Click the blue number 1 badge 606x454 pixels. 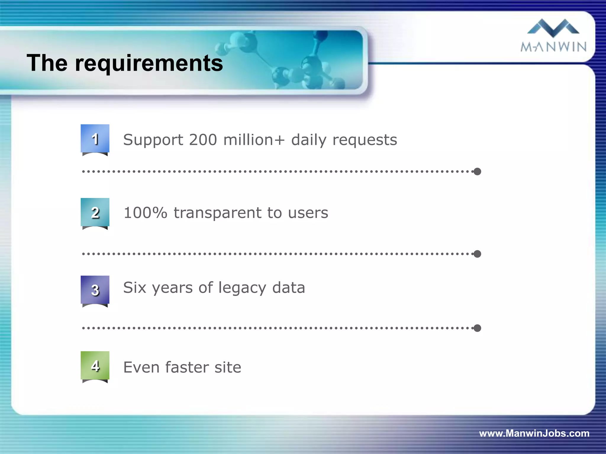[95, 139]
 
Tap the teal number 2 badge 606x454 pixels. [95, 212]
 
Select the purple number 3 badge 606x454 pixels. [95, 290]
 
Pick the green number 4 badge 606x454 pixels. [95, 366]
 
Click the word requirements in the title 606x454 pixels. [149, 64]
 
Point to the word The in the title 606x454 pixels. [47, 63]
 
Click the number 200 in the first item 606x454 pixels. [203, 140]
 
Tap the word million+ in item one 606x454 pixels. [254, 140]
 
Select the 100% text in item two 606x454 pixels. [145, 213]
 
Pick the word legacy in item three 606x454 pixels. [242, 288]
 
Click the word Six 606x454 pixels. [135, 287]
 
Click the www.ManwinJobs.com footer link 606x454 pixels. [534, 433]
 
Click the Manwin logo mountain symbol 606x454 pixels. [553, 27]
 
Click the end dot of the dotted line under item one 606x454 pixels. [477, 171]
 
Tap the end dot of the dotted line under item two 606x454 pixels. [477, 254]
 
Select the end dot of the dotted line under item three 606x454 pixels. [477, 328]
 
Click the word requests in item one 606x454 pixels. [365, 140]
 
